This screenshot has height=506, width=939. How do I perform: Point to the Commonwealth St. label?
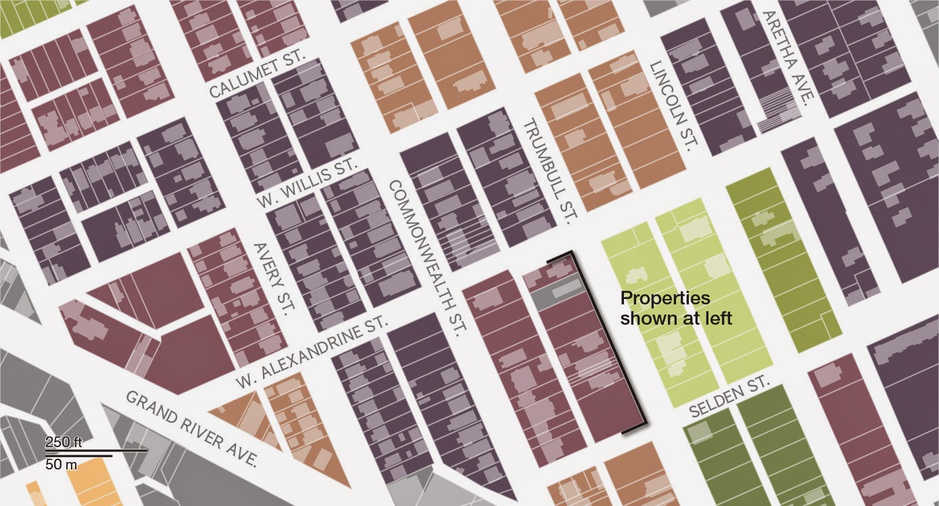(427, 258)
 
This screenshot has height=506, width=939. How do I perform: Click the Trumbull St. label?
(549, 172)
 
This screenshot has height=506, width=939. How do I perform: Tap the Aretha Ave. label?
(786, 57)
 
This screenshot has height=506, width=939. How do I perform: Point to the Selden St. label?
(729, 398)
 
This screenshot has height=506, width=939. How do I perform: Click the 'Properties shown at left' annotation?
(676, 308)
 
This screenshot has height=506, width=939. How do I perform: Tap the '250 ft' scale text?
(64, 442)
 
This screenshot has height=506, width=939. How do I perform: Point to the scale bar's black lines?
(95, 452)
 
